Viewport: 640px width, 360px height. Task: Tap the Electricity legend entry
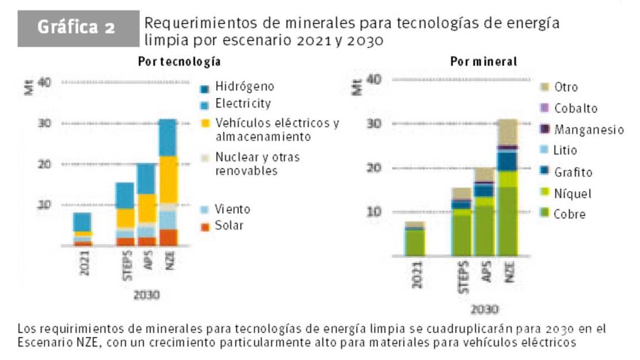(236, 104)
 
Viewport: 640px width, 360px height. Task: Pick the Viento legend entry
(226, 209)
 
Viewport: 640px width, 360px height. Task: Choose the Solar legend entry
(223, 225)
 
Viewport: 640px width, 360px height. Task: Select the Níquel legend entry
(566, 193)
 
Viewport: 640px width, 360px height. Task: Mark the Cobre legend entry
(563, 214)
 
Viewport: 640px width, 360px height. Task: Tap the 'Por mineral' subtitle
(483, 62)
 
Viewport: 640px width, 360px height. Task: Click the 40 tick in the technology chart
(44, 82)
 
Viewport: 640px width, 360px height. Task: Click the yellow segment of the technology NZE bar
(168, 179)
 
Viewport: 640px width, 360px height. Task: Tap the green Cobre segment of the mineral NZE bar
(507, 222)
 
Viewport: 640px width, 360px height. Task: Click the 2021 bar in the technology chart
(83, 229)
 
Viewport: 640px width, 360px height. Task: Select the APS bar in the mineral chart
(484, 211)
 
